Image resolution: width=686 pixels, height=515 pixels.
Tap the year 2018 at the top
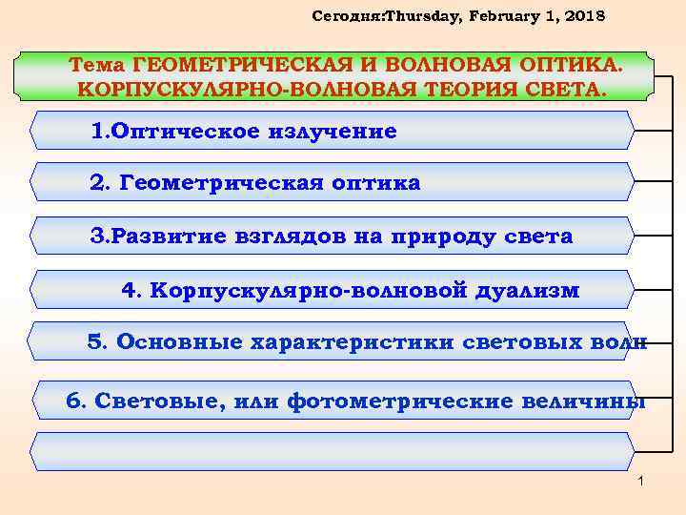click(581, 17)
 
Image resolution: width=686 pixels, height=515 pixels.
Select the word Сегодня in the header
click(336, 17)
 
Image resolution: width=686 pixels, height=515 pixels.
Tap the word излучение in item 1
click(328, 131)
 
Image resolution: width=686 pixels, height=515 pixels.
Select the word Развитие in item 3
click(160, 236)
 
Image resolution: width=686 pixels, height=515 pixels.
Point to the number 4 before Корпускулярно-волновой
click(130, 289)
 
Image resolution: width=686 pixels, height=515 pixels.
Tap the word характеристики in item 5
click(341, 342)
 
